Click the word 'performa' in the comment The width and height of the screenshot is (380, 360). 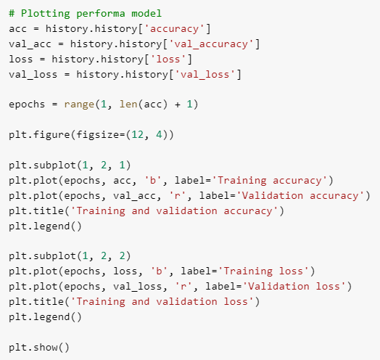[x=101, y=14]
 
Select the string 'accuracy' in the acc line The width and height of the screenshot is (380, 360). [x=175, y=29]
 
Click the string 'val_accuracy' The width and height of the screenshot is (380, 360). [x=211, y=44]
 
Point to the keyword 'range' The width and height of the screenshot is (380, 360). [x=79, y=105]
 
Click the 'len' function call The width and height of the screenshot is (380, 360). [x=128, y=105]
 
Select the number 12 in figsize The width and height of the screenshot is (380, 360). [x=137, y=134]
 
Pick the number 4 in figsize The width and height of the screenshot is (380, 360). [x=159, y=134]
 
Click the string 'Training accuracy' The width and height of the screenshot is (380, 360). [x=270, y=181]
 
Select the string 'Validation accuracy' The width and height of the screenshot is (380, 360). [x=300, y=196]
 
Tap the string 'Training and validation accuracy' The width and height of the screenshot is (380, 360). [x=175, y=211]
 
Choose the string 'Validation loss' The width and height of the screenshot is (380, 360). [x=294, y=287]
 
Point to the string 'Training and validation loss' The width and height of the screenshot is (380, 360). [x=162, y=302]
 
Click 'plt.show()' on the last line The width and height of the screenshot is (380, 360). [x=39, y=348]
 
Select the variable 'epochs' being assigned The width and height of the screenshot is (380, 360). [x=27, y=105]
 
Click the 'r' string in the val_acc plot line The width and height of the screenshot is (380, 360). [x=178, y=196]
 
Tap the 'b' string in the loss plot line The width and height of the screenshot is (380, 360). [x=159, y=271]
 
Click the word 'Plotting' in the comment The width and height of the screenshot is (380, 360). [x=46, y=14]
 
